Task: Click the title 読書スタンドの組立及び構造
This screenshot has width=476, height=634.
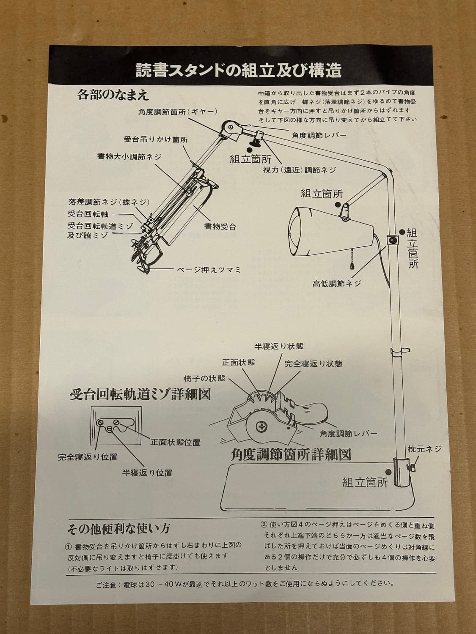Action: click(239, 71)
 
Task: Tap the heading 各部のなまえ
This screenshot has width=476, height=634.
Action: click(113, 95)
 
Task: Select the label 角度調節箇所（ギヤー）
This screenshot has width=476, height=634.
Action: click(177, 112)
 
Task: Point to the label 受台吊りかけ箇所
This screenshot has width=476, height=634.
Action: click(156, 140)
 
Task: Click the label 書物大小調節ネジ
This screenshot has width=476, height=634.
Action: click(129, 157)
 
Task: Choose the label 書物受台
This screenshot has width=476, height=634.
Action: click(220, 227)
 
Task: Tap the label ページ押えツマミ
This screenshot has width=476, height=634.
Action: click(209, 270)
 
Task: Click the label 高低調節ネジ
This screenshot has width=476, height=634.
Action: click(337, 284)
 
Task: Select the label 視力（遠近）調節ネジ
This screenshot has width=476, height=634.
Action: click(300, 170)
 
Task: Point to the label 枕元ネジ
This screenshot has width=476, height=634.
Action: click(424, 449)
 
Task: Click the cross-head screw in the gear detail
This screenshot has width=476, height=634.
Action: click(262, 426)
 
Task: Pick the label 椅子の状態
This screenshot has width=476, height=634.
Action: click(204, 378)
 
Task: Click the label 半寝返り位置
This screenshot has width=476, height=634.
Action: click(147, 473)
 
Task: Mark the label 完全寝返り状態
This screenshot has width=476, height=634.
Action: click(314, 363)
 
